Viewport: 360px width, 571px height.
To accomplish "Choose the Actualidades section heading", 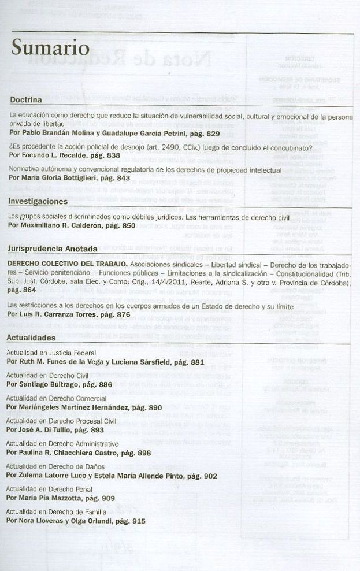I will coord(31,338).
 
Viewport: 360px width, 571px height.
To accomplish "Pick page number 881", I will coord(193,362).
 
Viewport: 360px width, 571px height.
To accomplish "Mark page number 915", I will coord(134,521).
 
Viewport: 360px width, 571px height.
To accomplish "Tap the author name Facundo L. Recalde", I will coord(55,156).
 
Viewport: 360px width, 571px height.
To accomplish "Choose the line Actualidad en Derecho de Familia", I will coord(57,512).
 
